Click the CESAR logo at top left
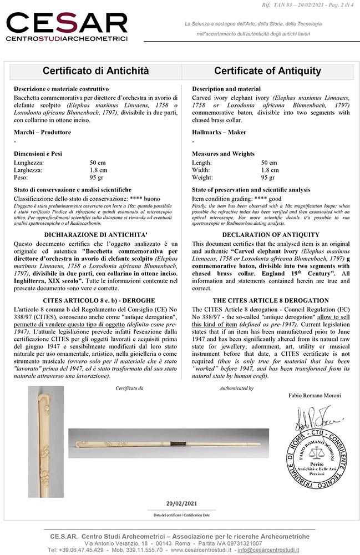(x=67, y=26)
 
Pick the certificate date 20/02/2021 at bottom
(x=181, y=503)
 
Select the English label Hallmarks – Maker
(x=219, y=132)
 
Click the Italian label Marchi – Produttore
(x=42, y=132)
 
